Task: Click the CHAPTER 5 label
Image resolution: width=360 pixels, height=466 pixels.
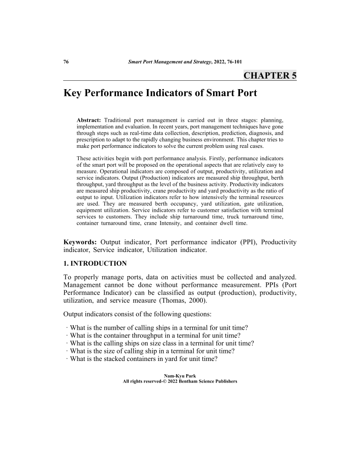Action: point(270,75)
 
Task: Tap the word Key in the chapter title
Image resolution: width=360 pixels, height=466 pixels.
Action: point(75,94)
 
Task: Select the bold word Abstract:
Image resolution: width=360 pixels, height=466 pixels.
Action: point(89,120)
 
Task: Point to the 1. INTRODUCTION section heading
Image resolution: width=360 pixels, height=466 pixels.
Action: point(95,264)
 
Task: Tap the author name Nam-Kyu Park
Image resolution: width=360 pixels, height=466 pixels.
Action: point(180,376)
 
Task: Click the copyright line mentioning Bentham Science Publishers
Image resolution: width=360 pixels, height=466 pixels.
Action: point(180,381)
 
